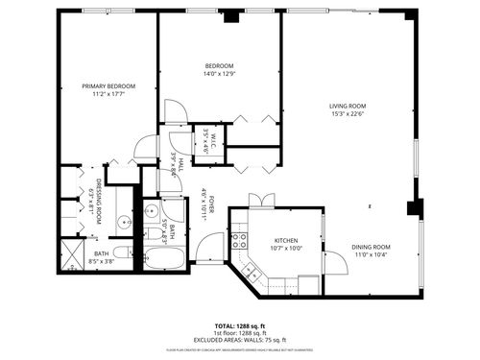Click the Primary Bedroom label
(x=108, y=86)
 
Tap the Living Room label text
(x=349, y=107)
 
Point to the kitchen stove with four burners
(x=237, y=241)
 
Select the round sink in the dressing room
(x=123, y=223)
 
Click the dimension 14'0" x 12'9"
(x=219, y=74)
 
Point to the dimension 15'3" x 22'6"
(x=349, y=114)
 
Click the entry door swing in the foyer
(x=208, y=247)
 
